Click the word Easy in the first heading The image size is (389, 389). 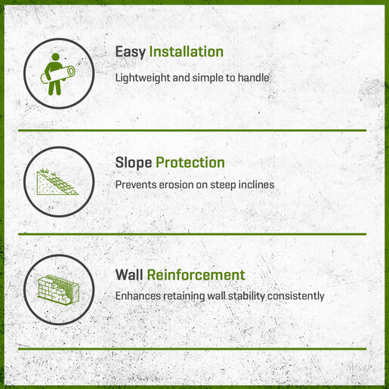[x=131, y=52]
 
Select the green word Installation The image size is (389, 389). [x=187, y=51]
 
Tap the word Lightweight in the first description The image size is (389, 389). [x=143, y=78]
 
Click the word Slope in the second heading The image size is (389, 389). [x=134, y=163]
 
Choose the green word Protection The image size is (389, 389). [x=190, y=162]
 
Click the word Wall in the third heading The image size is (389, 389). [x=129, y=275]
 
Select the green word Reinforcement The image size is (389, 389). [x=196, y=275]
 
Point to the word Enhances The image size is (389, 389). [x=138, y=296]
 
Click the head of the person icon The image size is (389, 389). [x=55, y=57]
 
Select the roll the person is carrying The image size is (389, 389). [x=58, y=75]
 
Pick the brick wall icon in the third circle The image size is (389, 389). [x=59, y=289]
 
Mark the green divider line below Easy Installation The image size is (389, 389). [x=192, y=130]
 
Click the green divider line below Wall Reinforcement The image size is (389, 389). [x=192, y=349]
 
